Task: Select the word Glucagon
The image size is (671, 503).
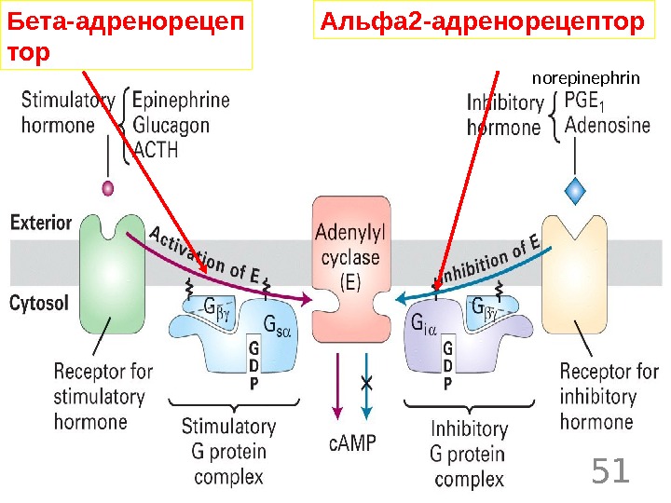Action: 171,125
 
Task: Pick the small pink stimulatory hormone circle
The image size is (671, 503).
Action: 107,188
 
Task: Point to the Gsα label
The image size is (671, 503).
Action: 277,325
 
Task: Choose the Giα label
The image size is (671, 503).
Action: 423,325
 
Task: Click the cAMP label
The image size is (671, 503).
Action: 352,442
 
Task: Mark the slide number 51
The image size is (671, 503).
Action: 611,471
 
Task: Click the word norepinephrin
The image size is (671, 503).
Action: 586,78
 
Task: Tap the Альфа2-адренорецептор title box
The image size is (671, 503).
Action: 482,22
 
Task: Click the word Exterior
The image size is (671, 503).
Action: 41,223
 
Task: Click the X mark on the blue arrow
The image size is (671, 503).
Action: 367,384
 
